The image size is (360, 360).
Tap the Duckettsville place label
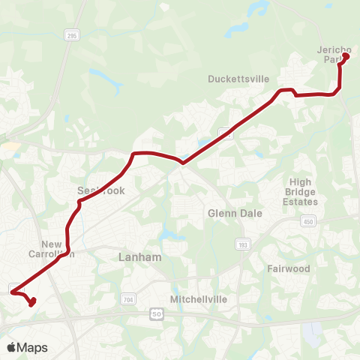click(x=238, y=77)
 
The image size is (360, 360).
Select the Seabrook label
click(x=101, y=191)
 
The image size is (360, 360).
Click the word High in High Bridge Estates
click(x=300, y=182)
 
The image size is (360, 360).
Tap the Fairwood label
click(x=288, y=268)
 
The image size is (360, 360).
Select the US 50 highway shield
click(x=155, y=312)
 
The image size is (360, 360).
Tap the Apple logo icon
click(x=11, y=347)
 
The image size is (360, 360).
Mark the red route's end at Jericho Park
click(x=346, y=55)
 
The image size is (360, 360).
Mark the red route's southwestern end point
click(x=31, y=304)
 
